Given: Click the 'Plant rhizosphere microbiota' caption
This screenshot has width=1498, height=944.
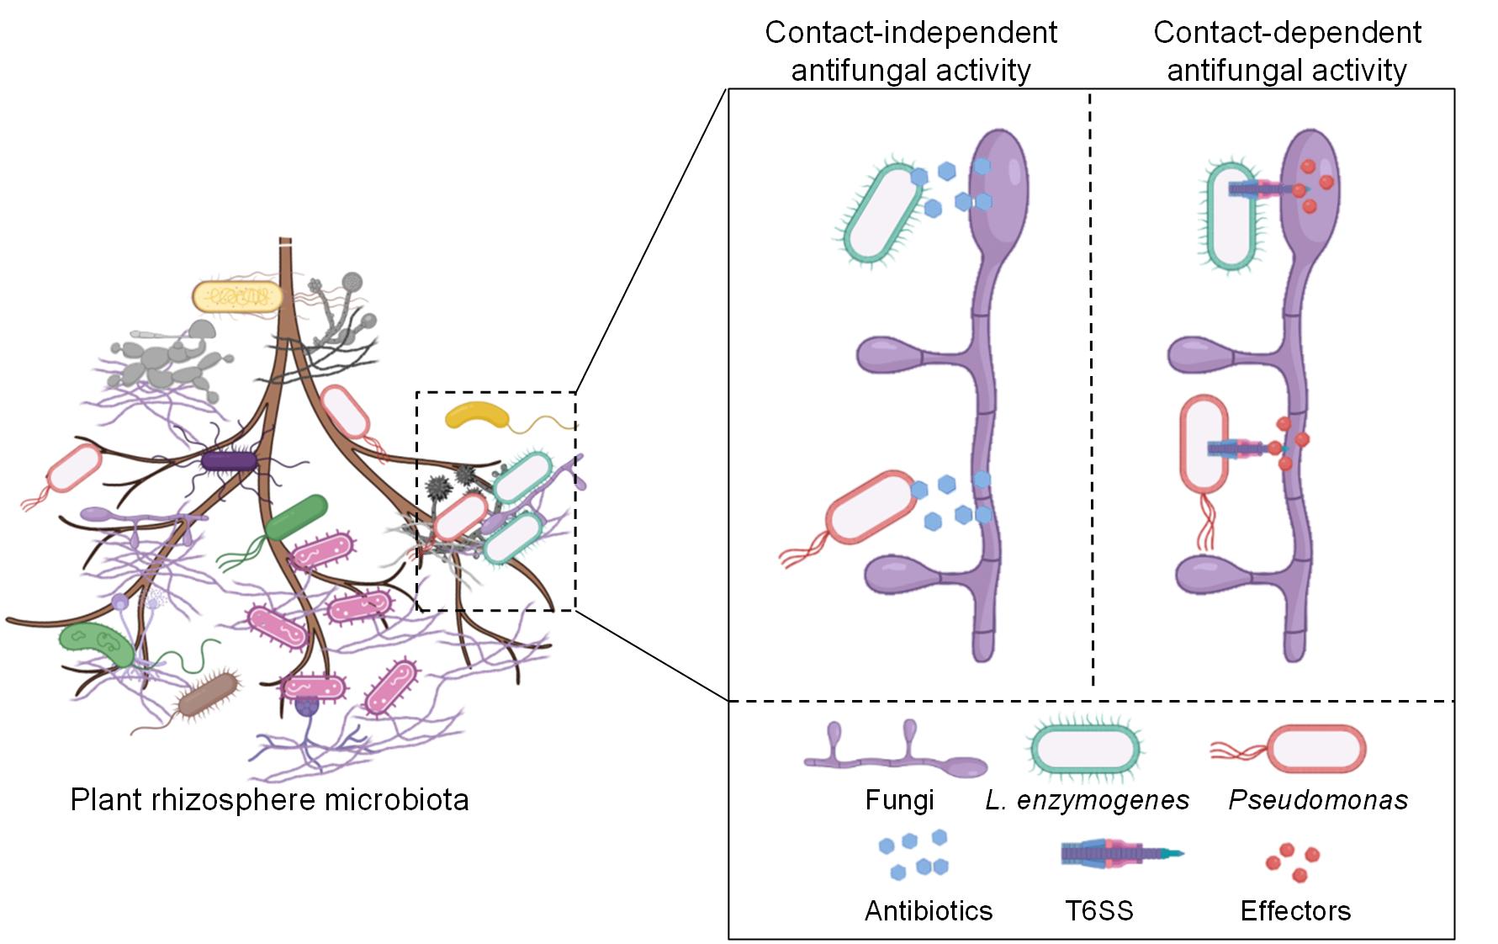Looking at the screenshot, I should click(269, 798).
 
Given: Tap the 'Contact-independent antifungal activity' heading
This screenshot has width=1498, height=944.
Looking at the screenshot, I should click(911, 50).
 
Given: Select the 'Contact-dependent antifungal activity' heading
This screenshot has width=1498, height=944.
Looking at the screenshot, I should click(1287, 50).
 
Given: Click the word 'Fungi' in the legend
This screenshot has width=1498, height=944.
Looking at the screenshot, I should click(899, 799).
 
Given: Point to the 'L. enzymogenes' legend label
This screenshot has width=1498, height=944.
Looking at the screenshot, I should click(1088, 799).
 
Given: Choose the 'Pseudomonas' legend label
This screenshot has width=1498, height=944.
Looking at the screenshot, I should click(1318, 799).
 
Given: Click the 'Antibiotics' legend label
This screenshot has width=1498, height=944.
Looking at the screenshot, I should click(929, 910).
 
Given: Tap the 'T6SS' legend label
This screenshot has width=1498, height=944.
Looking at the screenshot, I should click(1099, 910).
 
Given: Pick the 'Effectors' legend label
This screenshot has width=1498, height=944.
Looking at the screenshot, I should click(1295, 910).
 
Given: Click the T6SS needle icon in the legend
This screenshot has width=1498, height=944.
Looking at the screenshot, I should click(1119, 854).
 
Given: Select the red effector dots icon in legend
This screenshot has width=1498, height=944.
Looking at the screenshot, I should click(1293, 863).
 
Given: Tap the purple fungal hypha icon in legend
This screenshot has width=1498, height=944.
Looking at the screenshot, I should click(896, 754).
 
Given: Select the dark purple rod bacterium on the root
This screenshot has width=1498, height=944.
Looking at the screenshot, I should click(229, 461).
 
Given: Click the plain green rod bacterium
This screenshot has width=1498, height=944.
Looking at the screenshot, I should click(296, 517).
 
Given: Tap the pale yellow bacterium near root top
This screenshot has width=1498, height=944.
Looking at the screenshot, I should click(236, 296).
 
